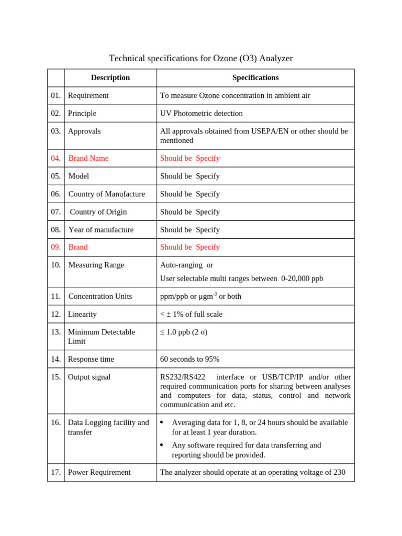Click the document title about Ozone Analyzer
point(200,58)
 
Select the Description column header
point(110,77)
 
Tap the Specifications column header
point(255,77)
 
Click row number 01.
point(55,95)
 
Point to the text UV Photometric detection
point(202,113)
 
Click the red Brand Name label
point(88,158)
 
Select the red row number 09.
point(55,247)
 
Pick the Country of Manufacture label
point(107,194)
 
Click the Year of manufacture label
point(101,229)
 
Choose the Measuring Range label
point(96,265)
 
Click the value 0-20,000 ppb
point(302,278)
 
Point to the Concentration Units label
point(100,296)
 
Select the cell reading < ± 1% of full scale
point(191,314)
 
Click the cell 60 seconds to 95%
point(189,359)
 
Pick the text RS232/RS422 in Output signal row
point(183,377)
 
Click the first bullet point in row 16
point(162,422)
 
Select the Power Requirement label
point(99,472)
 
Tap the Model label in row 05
point(79,176)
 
